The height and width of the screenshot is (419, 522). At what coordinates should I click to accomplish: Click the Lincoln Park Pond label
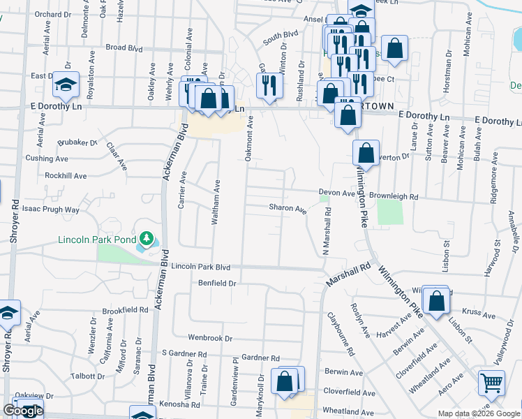(x=98, y=241)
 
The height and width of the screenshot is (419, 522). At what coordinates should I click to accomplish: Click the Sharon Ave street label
(x=288, y=208)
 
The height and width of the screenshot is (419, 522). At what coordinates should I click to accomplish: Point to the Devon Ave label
(x=337, y=193)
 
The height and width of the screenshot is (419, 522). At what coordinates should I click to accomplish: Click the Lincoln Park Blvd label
(x=200, y=267)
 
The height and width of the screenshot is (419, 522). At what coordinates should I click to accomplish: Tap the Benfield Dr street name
(x=218, y=284)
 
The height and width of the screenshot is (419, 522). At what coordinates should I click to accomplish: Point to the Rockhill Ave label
(x=66, y=176)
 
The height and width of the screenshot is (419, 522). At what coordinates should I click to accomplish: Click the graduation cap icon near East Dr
(x=66, y=86)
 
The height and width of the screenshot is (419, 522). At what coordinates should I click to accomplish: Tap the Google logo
(x=23, y=411)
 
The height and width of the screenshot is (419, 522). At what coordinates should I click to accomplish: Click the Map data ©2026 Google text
(x=479, y=413)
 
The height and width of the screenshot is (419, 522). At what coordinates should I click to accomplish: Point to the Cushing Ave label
(x=46, y=159)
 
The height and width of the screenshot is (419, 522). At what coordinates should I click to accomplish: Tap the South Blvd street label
(x=281, y=38)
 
